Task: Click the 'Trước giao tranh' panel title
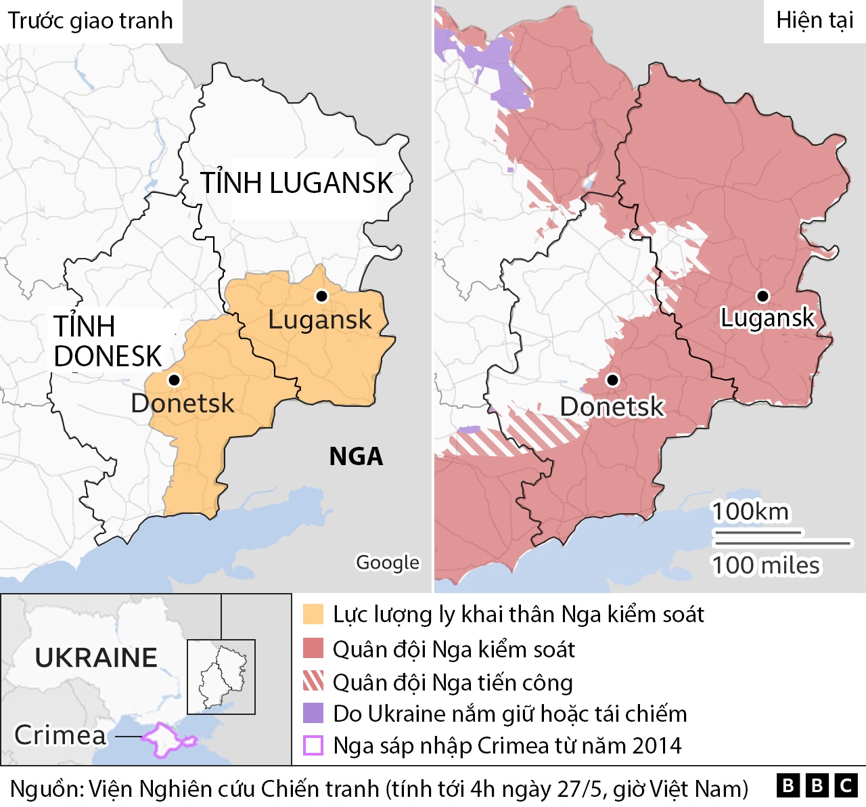(x=91, y=21)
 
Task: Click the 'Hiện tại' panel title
(x=815, y=21)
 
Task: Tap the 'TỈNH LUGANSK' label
(x=296, y=183)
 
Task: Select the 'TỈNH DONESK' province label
(x=108, y=342)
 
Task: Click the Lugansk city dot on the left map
(x=322, y=297)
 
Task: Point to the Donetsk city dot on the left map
(x=174, y=380)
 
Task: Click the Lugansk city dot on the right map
(x=762, y=296)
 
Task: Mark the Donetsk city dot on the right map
(x=612, y=380)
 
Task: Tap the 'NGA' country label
(x=356, y=457)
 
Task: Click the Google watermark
(x=388, y=563)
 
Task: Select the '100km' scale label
(x=750, y=512)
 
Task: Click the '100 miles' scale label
(x=765, y=565)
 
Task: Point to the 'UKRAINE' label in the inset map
(x=96, y=658)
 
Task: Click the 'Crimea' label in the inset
(x=61, y=735)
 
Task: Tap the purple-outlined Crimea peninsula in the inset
(x=166, y=739)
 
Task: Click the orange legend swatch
(x=313, y=614)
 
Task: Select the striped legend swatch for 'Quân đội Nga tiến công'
(x=313, y=681)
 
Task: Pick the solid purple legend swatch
(x=313, y=714)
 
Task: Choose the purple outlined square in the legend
(x=313, y=745)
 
